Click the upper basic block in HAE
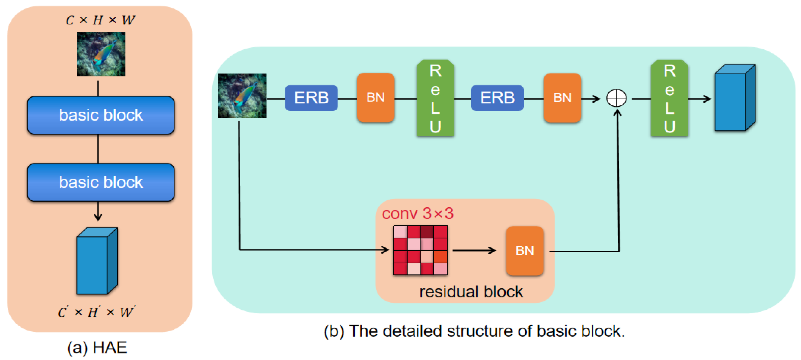pos(101,115)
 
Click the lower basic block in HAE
pos(101,182)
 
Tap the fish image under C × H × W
pos(101,54)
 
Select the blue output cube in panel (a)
pos(97,261)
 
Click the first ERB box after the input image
pos(311,98)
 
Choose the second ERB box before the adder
pos(497,98)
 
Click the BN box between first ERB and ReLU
pos(376,98)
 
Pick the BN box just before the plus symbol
pos(562,98)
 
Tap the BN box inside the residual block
pos(525,251)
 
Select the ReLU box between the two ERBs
pos(435,98)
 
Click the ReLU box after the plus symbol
pos(669,98)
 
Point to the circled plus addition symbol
pos(616,98)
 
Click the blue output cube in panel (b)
pos(735,98)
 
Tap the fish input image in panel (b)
pos(242,96)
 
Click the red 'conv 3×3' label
pos(418,214)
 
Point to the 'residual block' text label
pos(471,291)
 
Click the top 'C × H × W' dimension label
pos(100,20)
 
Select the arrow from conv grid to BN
pos(474,250)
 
